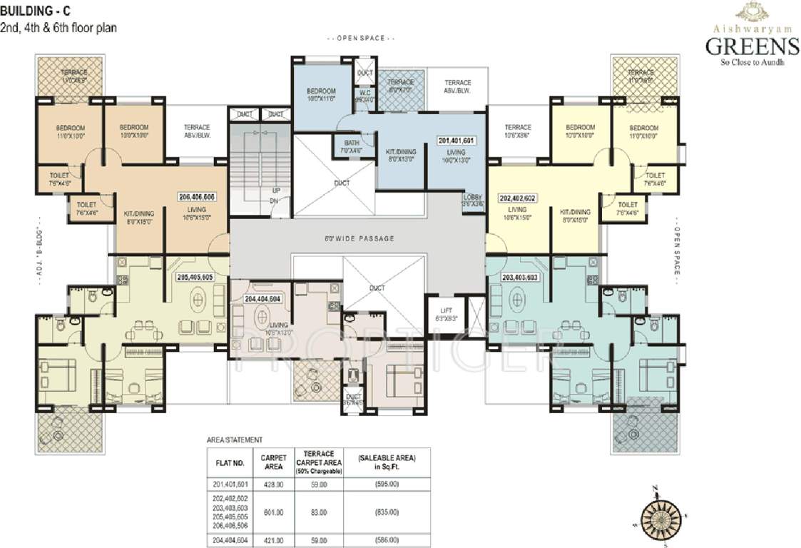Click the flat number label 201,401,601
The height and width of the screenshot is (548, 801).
point(456,141)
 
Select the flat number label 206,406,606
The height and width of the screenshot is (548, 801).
point(196,196)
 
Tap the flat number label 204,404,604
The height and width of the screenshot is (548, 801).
point(261,300)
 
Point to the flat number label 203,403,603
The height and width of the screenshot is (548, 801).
point(520,277)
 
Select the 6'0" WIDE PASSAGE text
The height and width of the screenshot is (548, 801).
point(359,238)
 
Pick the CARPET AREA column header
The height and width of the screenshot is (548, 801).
point(273,461)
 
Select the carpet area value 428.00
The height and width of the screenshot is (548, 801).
point(273,483)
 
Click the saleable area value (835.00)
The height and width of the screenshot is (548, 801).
point(388,512)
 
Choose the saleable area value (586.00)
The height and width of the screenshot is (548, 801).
point(388,539)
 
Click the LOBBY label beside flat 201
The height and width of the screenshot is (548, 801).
point(473,197)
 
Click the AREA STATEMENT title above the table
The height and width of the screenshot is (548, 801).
point(234,440)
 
